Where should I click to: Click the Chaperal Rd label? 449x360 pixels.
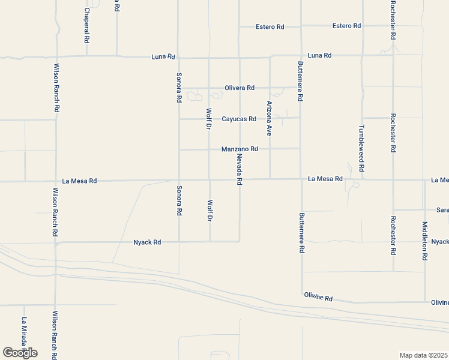click(x=87, y=25)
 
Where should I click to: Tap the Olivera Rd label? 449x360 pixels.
click(x=240, y=88)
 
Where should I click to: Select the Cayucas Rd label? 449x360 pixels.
click(x=239, y=119)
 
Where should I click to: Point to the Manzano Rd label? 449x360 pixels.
click(x=240, y=149)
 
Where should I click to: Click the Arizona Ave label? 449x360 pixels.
click(x=270, y=118)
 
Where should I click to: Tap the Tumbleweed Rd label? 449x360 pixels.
click(x=361, y=145)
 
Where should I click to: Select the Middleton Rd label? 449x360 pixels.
click(x=424, y=241)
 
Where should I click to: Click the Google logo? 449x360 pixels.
click(x=20, y=353)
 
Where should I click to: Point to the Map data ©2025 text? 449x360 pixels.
click(x=424, y=355)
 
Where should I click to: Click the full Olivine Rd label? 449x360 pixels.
click(x=318, y=298)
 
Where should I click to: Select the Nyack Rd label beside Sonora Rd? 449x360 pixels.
click(x=147, y=242)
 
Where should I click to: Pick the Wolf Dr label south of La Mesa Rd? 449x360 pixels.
click(x=209, y=210)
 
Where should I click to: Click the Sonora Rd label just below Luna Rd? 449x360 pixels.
click(x=178, y=88)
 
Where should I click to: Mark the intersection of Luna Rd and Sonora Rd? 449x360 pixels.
click(x=178, y=58)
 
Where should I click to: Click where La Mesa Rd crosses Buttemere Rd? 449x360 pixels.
click(x=301, y=179)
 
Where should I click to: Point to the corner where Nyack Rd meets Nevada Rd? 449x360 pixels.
click(x=240, y=241)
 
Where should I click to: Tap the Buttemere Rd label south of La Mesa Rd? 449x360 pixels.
click(x=301, y=233)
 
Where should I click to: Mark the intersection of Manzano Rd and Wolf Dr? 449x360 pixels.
click(x=209, y=149)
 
